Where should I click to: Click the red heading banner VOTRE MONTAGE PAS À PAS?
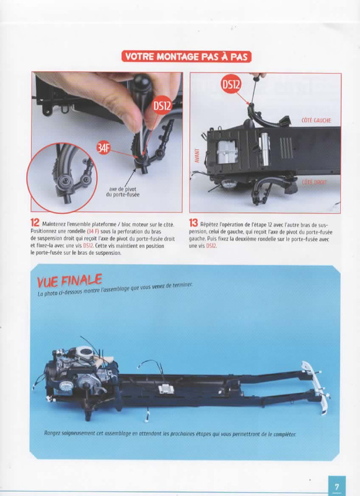186,56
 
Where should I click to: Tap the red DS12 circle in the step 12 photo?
162,105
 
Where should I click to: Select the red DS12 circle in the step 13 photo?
230,84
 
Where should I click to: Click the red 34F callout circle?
103,148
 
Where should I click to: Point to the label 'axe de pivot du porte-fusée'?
122,192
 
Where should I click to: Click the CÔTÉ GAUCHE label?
316,120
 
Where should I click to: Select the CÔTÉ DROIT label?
314,182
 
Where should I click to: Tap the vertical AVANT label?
196,156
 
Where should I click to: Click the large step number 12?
35,223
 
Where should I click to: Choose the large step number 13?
193,223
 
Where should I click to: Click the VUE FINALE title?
69,280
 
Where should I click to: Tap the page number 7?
336,487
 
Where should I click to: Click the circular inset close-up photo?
61,177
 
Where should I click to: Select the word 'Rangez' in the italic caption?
53,433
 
